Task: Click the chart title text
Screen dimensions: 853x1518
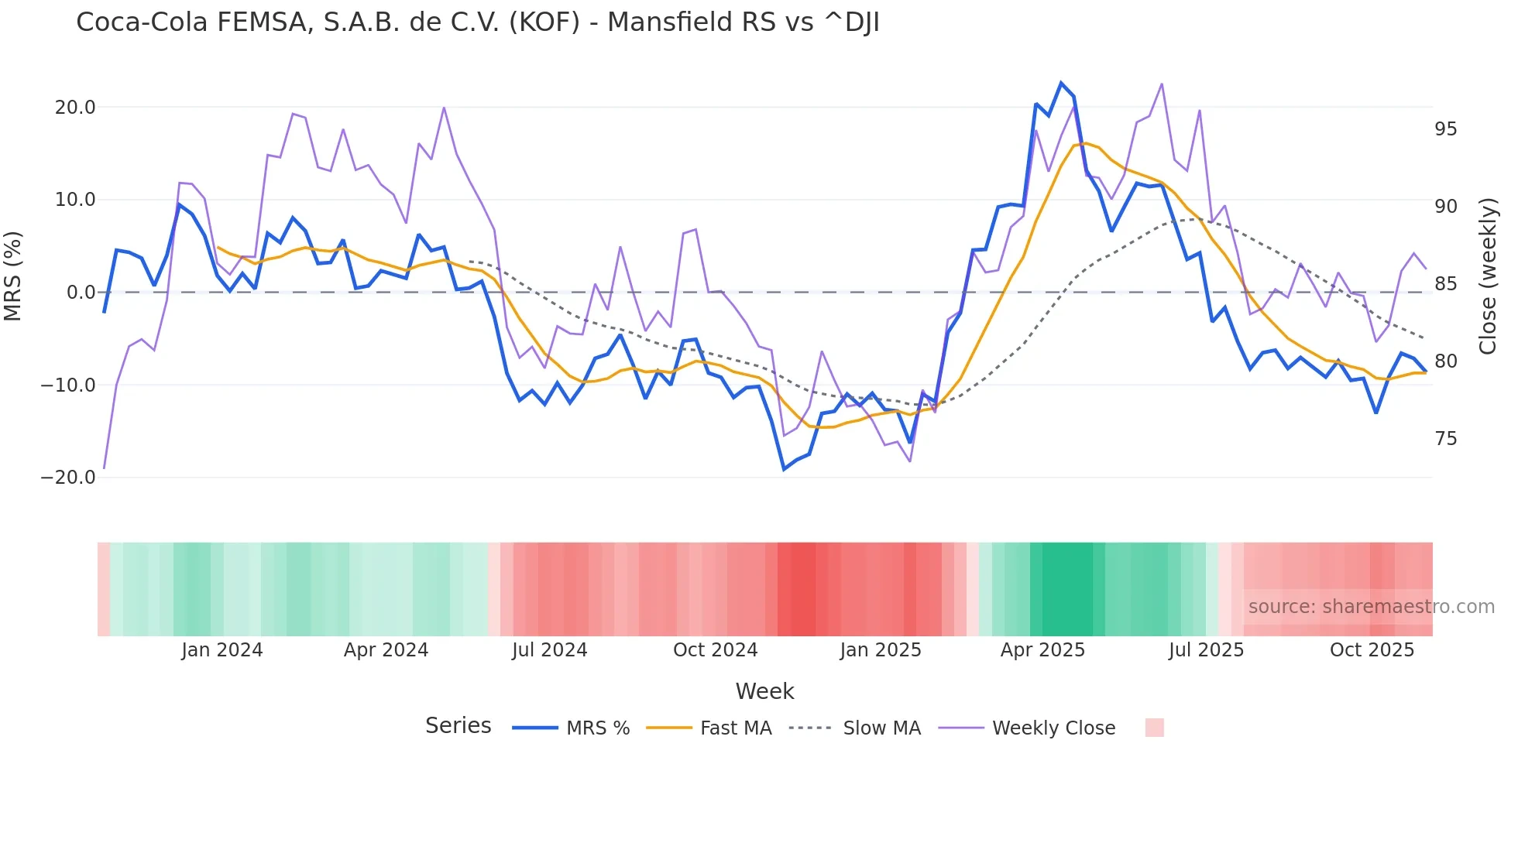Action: pos(477,22)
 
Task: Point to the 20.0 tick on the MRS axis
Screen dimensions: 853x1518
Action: pos(75,108)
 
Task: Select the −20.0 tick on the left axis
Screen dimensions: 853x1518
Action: pos(69,478)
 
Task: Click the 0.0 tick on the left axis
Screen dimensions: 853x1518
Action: pos(81,293)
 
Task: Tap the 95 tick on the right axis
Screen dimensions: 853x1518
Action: pos(1445,129)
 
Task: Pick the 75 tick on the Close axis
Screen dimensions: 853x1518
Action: pos(1445,439)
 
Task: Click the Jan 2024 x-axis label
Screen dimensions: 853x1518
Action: pos(222,650)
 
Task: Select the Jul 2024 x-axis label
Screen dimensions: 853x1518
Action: pos(549,650)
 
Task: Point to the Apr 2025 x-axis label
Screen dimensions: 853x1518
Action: pos(1042,650)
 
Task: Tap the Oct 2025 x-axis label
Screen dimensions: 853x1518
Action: pos(1372,650)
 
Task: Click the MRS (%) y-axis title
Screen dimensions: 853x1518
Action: pos(13,276)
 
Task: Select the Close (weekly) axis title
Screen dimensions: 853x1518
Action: pos(1487,276)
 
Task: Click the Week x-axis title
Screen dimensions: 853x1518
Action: pos(764,691)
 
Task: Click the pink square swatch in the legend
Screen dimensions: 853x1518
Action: pos(1154,728)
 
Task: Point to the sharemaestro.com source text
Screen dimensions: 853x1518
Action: pos(1371,607)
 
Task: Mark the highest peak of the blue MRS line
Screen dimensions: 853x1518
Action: pos(1061,83)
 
